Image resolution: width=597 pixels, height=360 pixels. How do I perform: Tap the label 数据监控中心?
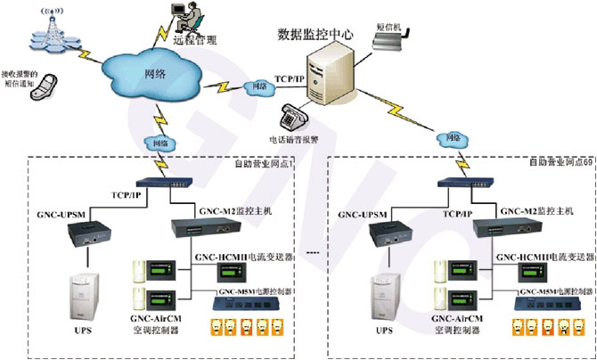pos(315,34)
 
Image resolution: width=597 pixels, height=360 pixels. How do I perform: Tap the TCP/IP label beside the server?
pos(289,78)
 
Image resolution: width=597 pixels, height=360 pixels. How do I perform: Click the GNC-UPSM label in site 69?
pos(364,216)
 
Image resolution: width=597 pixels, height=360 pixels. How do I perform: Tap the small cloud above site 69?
pos(453,139)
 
